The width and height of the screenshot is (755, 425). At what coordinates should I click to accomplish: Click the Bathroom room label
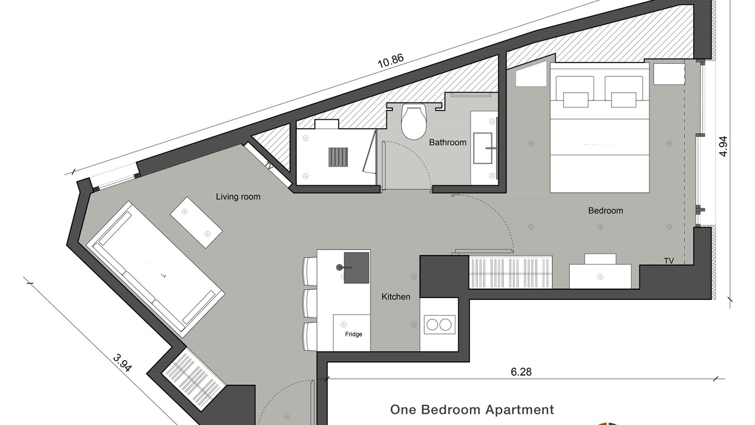click(x=448, y=142)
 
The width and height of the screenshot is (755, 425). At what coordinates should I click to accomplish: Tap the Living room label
click(x=238, y=197)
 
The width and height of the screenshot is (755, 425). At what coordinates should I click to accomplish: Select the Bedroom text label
click(x=605, y=211)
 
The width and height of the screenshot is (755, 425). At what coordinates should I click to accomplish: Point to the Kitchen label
click(x=396, y=297)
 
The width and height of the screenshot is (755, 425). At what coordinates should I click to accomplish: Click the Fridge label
click(x=353, y=334)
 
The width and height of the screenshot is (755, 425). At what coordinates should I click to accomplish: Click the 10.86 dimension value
click(x=390, y=61)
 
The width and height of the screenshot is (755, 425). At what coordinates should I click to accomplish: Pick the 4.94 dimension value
click(x=723, y=146)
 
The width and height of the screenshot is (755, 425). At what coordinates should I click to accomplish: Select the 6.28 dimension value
click(x=521, y=372)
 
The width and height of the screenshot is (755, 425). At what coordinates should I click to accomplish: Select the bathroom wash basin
click(x=483, y=148)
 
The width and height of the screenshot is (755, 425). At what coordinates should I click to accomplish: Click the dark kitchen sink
click(x=356, y=267)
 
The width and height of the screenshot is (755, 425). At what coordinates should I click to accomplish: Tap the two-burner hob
click(x=439, y=325)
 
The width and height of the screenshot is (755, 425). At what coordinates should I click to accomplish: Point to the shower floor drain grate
click(x=339, y=157)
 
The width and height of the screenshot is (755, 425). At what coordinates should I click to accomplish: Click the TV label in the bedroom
click(x=669, y=261)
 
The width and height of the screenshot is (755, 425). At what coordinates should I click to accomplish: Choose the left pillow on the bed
click(x=575, y=88)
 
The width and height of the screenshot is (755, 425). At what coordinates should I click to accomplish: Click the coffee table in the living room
click(x=196, y=223)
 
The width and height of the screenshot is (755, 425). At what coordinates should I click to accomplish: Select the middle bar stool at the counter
click(x=310, y=303)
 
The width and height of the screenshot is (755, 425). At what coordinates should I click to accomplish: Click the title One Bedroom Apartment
click(x=472, y=410)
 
